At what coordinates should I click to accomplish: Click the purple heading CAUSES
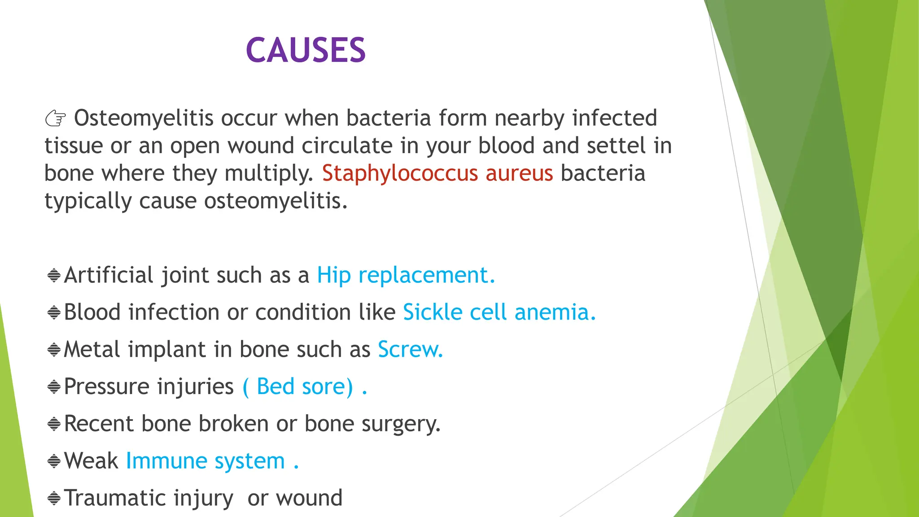pos(306,50)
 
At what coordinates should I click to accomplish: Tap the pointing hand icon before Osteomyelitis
pos(56,119)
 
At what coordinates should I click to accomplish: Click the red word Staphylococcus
pos(400,174)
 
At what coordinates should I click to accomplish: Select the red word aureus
pos(519,174)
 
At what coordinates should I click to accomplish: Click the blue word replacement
pos(426,275)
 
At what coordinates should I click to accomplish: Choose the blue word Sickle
pos(432,312)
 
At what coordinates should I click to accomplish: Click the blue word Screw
pos(410,350)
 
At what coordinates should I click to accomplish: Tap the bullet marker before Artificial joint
pos(54,275)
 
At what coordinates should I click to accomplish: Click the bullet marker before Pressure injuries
pos(54,386)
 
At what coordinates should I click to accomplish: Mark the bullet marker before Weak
pos(54,461)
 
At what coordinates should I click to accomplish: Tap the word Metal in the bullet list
pos(92,350)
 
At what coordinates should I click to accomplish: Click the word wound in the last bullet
pos(309,498)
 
